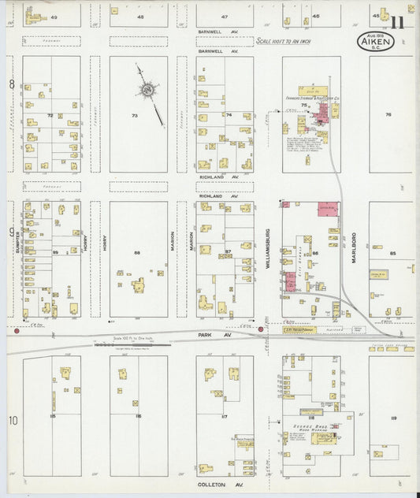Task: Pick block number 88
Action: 137,252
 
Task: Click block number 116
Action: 138,415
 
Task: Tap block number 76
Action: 388,115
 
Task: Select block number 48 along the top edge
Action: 140,17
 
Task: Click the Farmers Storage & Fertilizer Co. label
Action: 319,98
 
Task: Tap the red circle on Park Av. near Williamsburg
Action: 261,329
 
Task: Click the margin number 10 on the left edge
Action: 13,421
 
